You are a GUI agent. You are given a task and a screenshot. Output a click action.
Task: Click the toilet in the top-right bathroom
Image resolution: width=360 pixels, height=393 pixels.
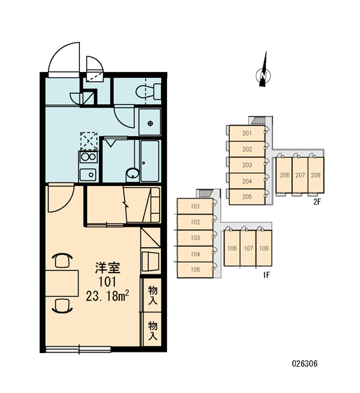[x=149, y=92]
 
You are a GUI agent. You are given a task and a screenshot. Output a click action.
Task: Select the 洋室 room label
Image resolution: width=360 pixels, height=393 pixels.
[x=108, y=268]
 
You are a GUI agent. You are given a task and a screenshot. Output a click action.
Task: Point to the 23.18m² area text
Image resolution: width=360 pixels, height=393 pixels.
[x=108, y=296]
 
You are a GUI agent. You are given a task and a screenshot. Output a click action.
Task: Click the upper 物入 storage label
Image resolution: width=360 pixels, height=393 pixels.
[x=153, y=295]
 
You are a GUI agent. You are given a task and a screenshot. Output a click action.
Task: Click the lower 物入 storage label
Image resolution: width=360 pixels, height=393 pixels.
[x=153, y=331]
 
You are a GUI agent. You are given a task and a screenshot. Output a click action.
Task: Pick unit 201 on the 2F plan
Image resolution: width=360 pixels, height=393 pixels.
[x=247, y=134]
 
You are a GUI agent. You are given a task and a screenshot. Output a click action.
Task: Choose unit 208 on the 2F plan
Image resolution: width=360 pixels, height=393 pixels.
[x=315, y=175]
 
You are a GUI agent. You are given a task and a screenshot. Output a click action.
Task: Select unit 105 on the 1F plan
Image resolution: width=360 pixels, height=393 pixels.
[x=195, y=270]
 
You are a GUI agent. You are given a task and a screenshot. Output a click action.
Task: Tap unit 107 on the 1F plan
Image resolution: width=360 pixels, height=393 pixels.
[x=248, y=248]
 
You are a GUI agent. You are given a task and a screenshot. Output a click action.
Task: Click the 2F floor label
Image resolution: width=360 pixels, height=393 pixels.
[x=317, y=202]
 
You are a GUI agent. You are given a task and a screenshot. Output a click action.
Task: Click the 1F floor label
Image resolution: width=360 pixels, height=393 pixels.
[x=266, y=275]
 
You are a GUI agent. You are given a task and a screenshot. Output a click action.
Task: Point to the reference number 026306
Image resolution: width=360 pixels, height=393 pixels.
[x=304, y=364]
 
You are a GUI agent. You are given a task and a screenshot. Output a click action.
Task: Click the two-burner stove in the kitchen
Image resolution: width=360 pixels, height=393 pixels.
[x=88, y=157]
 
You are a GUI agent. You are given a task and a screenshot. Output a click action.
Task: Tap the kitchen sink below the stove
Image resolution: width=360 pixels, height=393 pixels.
[x=88, y=174]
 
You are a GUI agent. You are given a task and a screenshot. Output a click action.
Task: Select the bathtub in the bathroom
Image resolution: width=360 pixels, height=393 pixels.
[x=150, y=161]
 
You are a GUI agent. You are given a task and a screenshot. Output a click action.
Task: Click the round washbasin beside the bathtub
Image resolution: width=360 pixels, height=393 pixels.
[x=133, y=173]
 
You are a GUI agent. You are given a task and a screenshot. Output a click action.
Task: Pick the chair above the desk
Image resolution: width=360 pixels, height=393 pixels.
[x=62, y=261]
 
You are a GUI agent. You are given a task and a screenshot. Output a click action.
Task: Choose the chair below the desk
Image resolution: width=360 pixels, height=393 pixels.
[x=62, y=306]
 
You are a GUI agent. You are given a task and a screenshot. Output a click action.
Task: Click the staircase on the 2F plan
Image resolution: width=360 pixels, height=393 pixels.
[x=259, y=121]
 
